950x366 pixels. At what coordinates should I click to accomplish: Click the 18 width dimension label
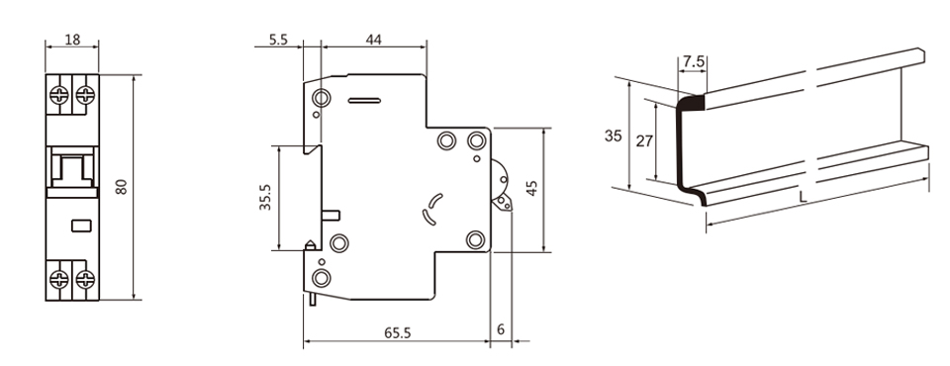pos(72,40)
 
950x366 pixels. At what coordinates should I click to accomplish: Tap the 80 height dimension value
pos(122,187)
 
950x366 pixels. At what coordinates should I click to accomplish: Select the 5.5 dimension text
pos(278,40)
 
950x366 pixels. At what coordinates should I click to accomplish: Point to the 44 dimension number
pos(374,40)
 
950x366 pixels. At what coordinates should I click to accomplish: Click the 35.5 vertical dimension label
pos(265,198)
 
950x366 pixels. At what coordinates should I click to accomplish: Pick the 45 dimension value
pos(532,188)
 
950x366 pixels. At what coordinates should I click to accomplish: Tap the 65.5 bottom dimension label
pos(398,332)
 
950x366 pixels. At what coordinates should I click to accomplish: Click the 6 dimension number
pos(501,329)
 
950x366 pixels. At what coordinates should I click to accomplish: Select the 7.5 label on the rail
pos(694,61)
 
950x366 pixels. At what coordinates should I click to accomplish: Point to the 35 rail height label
pos(614,136)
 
